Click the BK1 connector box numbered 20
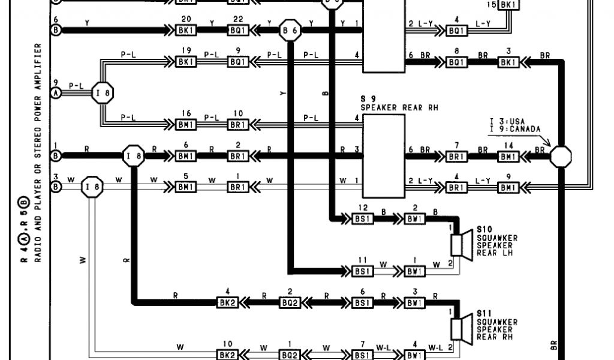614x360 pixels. (x=186, y=29)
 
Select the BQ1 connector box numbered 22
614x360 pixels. (x=237, y=29)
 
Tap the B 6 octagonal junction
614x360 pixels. (x=291, y=29)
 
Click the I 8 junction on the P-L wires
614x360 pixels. (x=103, y=93)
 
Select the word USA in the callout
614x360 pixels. (x=516, y=121)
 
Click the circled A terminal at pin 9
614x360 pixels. (x=56, y=93)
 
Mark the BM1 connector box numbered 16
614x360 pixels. (x=186, y=125)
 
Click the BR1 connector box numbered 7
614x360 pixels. (x=457, y=156)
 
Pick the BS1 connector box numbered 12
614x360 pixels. (x=362, y=219)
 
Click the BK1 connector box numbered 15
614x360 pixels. (x=508, y=5)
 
